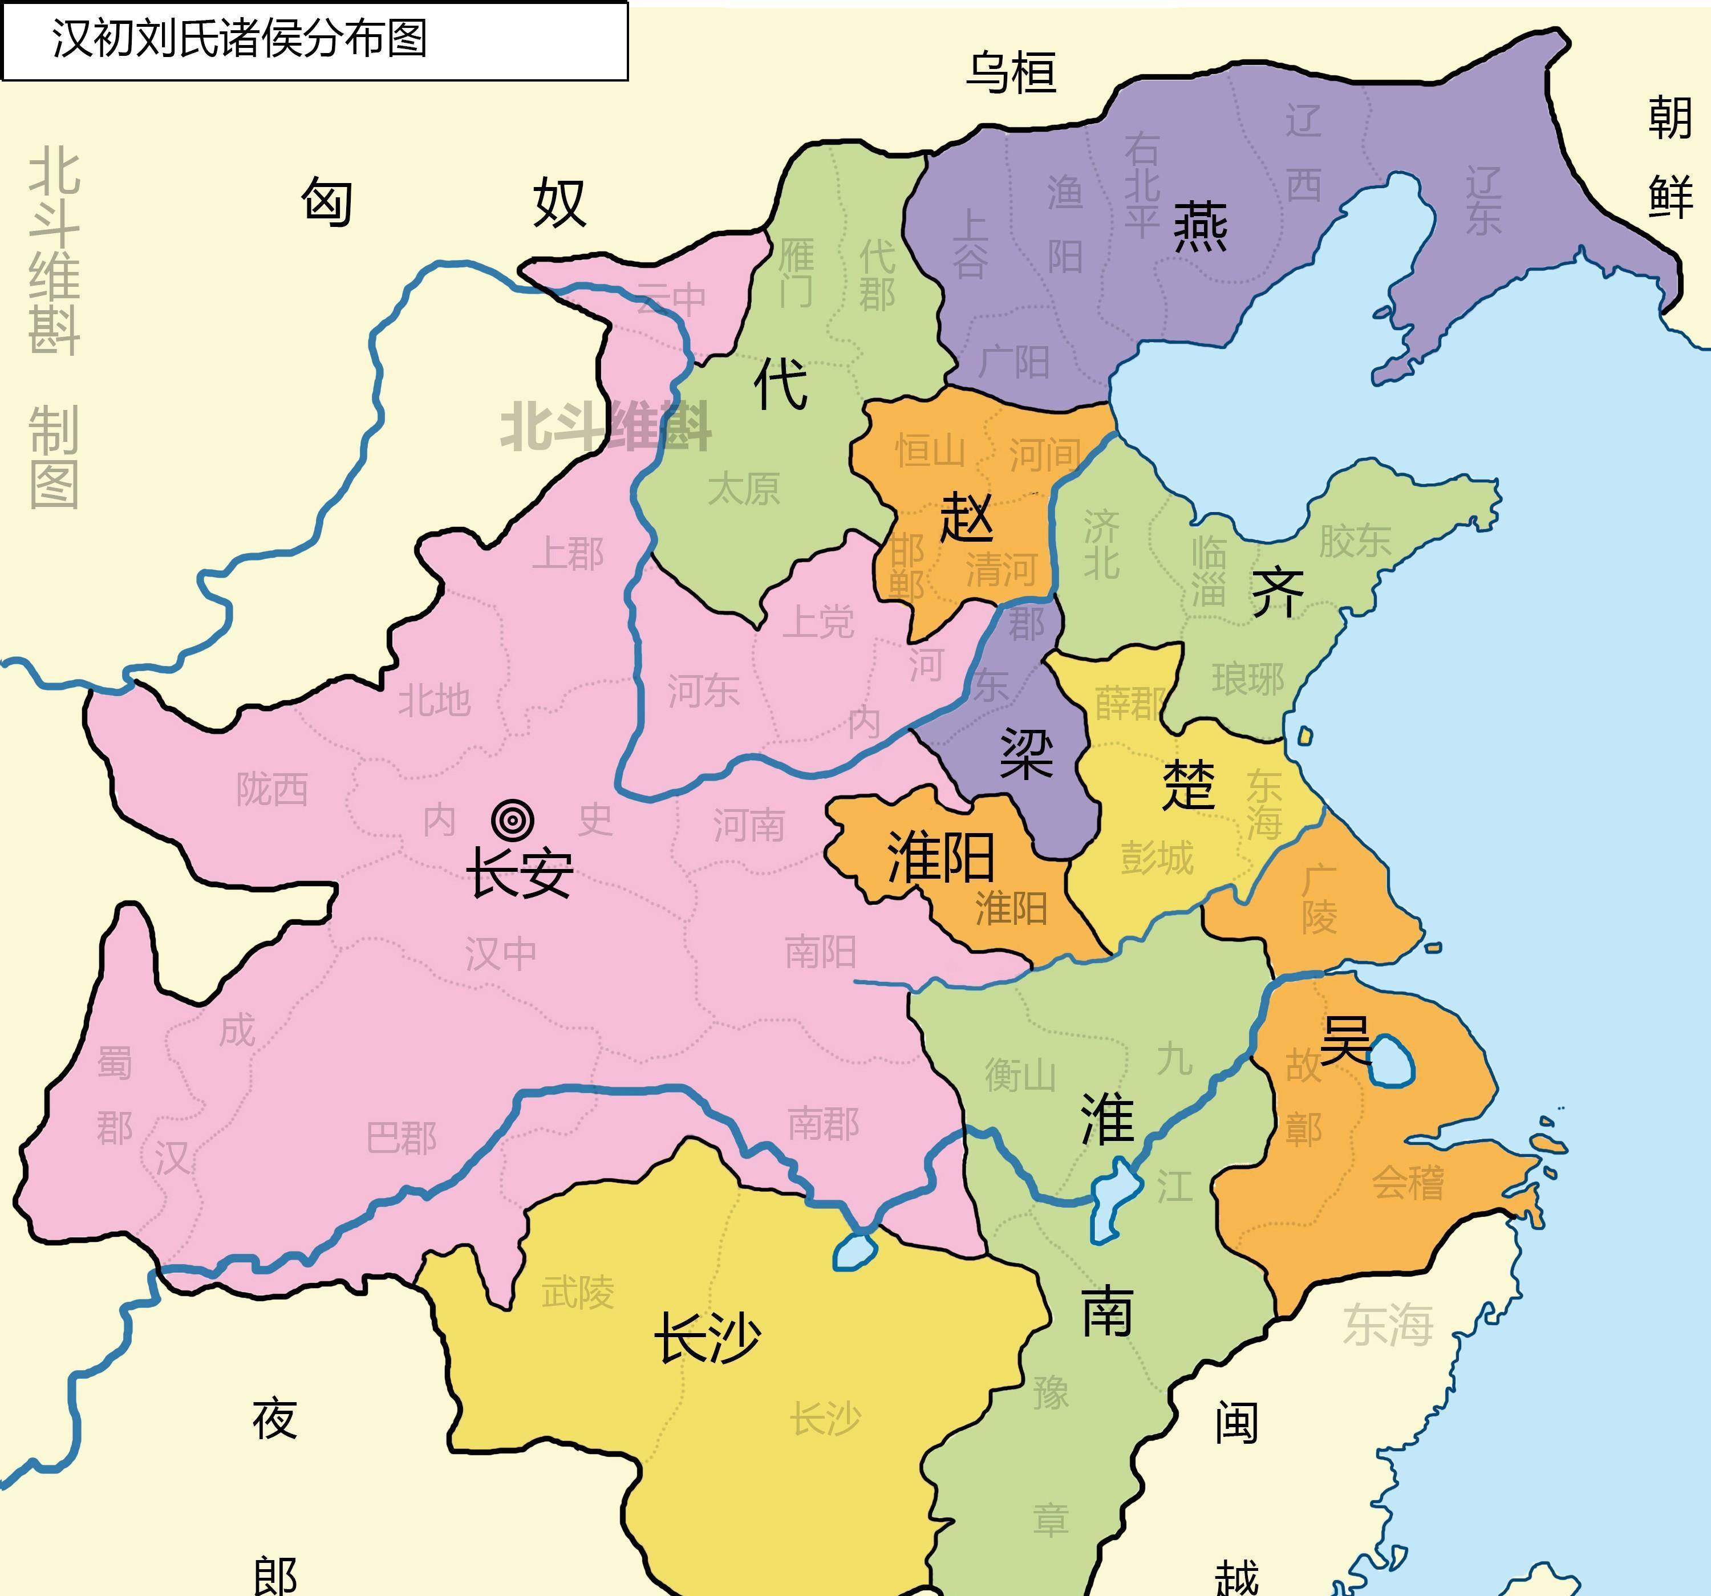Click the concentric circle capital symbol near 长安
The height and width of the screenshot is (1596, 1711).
click(x=513, y=820)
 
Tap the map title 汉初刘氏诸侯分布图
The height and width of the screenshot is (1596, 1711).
click(x=240, y=39)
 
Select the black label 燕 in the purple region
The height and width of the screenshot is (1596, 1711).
click(x=1201, y=226)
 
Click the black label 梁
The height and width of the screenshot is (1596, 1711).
click(x=1027, y=754)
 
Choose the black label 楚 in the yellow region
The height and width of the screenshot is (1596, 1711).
click(x=1189, y=785)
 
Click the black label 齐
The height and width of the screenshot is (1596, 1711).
click(x=1277, y=593)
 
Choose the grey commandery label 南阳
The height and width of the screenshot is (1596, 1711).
click(x=820, y=952)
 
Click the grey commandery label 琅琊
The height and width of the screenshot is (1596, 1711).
click(x=1248, y=679)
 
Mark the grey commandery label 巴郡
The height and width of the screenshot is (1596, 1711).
click(x=401, y=1138)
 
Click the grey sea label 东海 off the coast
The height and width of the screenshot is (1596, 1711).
click(x=1388, y=1325)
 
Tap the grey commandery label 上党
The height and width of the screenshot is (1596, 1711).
click(x=818, y=621)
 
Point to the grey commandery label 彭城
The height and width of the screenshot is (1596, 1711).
click(x=1157, y=858)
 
